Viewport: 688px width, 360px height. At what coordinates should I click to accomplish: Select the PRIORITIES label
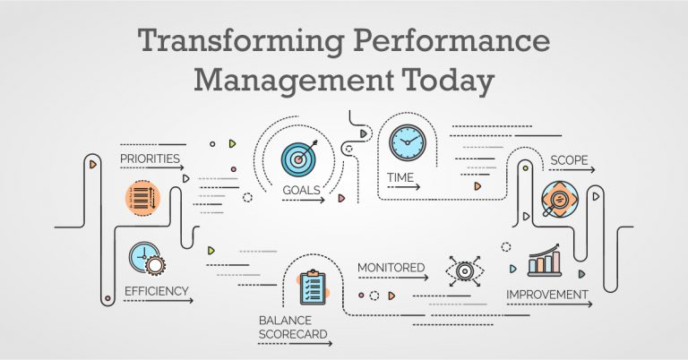(150, 159)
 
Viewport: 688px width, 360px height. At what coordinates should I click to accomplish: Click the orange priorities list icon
(142, 198)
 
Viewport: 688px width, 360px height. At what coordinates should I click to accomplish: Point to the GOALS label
(301, 191)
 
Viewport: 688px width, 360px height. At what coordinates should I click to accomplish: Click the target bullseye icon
(299, 158)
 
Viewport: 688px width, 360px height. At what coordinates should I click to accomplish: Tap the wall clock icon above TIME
(408, 142)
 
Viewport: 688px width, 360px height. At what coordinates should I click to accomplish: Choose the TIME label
(400, 177)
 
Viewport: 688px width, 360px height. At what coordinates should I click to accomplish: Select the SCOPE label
(569, 160)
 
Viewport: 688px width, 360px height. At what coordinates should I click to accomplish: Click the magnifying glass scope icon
(559, 200)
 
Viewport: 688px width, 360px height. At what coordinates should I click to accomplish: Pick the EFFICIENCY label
(156, 291)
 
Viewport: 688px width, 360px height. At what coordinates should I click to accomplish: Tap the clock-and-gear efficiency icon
(147, 259)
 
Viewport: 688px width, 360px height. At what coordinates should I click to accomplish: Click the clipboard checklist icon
(314, 287)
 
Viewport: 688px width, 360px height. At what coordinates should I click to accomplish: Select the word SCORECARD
(293, 334)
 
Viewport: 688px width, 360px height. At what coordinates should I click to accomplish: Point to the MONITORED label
(391, 268)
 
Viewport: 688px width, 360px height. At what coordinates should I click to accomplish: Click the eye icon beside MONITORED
(465, 271)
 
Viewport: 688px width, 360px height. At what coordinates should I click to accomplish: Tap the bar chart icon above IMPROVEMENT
(545, 261)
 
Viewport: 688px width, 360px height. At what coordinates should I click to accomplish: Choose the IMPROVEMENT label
(547, 295)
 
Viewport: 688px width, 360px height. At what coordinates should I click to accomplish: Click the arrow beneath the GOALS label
(303, 201)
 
